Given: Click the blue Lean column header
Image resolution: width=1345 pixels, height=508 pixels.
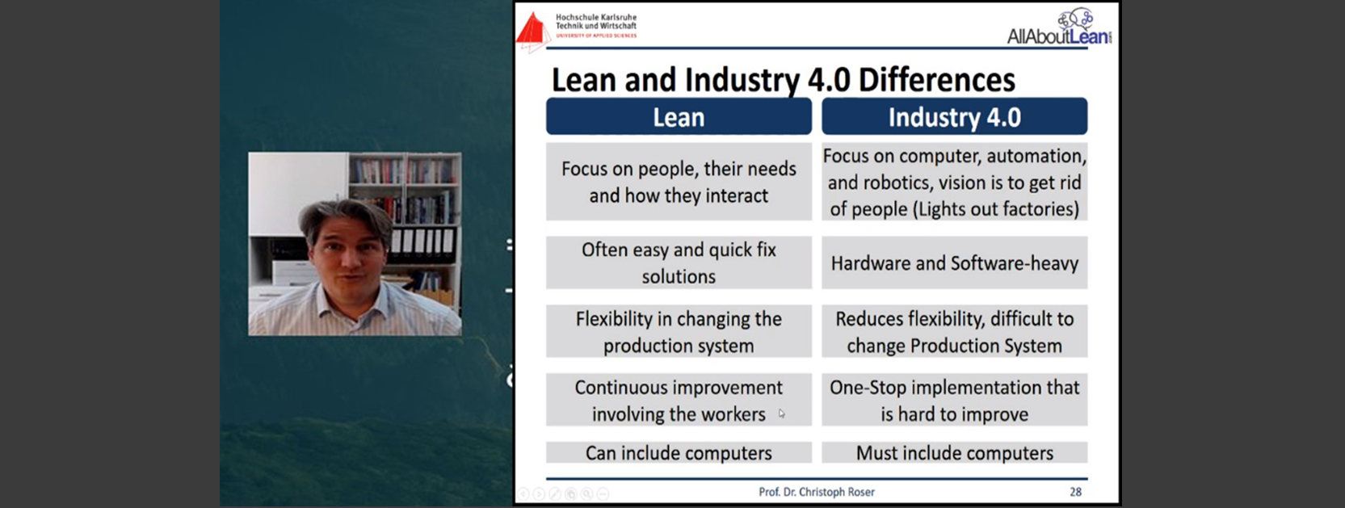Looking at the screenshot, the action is coord(679,116).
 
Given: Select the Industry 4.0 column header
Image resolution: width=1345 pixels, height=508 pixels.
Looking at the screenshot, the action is coord(954,116).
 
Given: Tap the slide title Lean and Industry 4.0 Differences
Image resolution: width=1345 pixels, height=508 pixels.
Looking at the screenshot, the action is coord(783,80).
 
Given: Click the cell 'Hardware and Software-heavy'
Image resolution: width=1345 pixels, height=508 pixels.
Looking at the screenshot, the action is coord(954,263).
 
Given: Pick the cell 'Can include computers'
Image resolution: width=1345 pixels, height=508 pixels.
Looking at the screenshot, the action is coord(679,453).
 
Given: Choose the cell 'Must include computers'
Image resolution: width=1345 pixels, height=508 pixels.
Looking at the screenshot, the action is coord(954,453).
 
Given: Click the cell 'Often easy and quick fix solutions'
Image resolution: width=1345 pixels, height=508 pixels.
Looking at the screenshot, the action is coord(679,263).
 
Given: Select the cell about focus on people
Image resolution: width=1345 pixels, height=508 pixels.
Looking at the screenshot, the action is coord(679,182).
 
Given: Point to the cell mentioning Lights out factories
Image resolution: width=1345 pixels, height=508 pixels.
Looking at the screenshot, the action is coord(954,182).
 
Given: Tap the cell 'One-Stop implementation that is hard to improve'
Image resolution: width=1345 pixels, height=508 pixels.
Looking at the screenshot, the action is coord(954,400).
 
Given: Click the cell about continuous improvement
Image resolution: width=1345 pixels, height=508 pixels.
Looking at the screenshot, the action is coord(679,400).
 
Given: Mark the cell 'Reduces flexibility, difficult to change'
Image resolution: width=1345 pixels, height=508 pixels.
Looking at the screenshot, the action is coord(954,331).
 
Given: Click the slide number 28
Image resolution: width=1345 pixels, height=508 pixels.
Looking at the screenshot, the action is coord(1075,492).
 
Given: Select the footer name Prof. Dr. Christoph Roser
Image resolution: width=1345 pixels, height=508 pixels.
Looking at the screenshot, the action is coord(817,492).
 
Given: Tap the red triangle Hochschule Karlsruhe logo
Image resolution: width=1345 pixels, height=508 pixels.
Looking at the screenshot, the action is coord(532,30).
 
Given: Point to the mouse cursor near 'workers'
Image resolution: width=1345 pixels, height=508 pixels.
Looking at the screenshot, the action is coord(782,414).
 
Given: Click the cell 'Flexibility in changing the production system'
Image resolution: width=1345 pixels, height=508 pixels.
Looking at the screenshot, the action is coord(679,331).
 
